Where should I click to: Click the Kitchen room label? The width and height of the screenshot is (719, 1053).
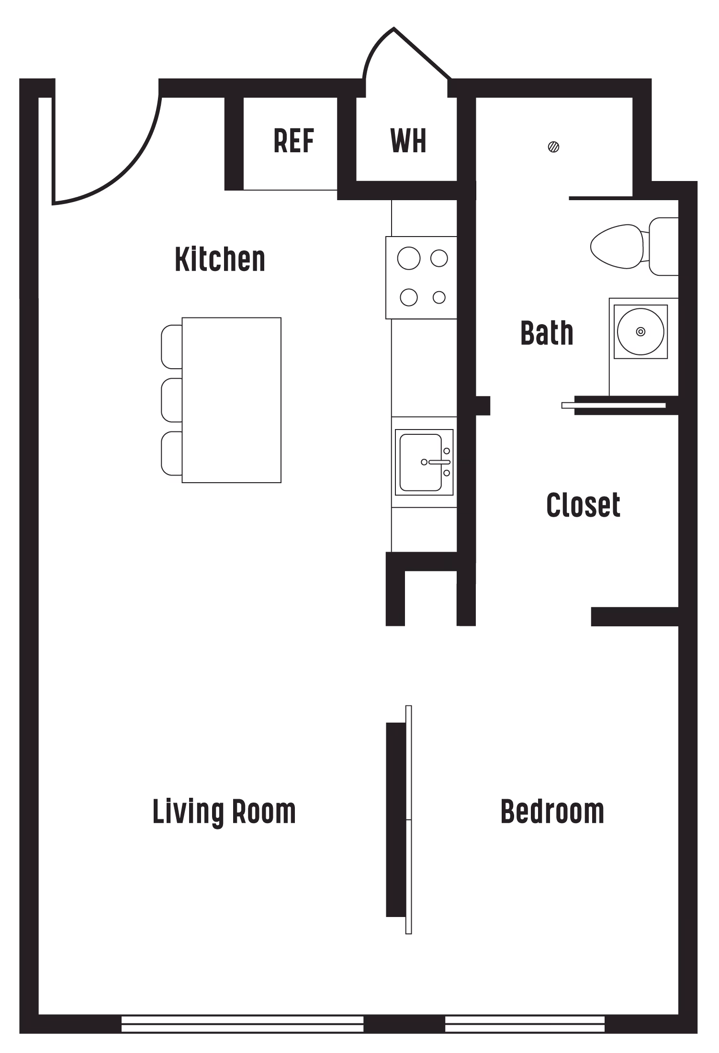tap(218, 259)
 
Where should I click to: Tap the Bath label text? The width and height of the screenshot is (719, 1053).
tap(547, 331)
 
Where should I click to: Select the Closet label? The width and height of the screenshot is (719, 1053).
tap(582, 503)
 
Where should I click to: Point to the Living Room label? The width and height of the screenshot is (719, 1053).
tap(224, 811)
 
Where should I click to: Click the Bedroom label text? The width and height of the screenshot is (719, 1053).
tap(553, 810)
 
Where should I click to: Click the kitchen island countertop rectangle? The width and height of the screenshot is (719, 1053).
tap(232, 400)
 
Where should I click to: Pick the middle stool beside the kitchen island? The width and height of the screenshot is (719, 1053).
tap(171, 400)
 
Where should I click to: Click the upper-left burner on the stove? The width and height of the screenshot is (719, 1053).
tap(408, 259)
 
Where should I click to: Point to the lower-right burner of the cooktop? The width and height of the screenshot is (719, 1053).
tap(438, 297)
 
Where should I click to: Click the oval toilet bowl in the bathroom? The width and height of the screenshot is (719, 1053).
tap(616, 247)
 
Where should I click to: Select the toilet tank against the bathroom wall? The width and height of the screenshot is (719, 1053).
tap(663, 247)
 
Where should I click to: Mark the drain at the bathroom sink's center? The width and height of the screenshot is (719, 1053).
tap(641, 331)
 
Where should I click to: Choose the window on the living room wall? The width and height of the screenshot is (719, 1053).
tap(242, 1024)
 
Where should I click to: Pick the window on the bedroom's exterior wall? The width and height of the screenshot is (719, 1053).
tap(525, 1024)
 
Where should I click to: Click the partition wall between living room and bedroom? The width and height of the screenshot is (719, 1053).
tap(398, 819)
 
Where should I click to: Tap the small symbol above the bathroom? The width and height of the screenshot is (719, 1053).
tap(554, 146)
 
